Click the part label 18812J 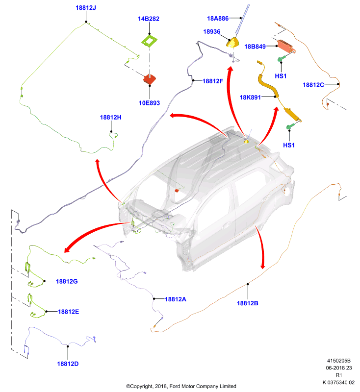coord(86,8)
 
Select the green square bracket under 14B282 coord(150,41)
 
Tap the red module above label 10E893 coord(150,79)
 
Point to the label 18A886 coord(218,18)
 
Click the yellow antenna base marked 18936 coord(232,43)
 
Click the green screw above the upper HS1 coord(282,59)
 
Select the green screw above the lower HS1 coord(290,126)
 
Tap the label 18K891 coord(250,97)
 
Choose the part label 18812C coord(313,85)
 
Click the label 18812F coord(213,81)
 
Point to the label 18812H coord(110,117)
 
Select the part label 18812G coord(67,281)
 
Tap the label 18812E coord(69,312)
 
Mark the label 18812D coord(68,364)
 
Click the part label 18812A coord(176,299)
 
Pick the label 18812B coord(247,303)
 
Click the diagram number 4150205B coord(339,361)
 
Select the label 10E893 coord(150,103)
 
